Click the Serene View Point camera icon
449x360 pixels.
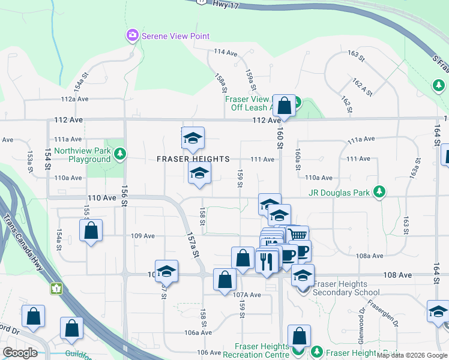pyautogui.click(x=132, y=36)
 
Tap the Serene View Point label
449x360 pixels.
pyautogui.click(x=175, y=36)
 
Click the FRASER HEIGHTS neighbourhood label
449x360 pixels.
pyautogui.click(x=193, y=159)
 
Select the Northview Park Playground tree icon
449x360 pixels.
pyautogui.click(x=120, y=154)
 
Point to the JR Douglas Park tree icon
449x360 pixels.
pyautogui.click(x=379, y=192)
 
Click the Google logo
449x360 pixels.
pyautogui.click(x=20, y=353)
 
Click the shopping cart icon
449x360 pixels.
pyautogui.click(x=297, y=235)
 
